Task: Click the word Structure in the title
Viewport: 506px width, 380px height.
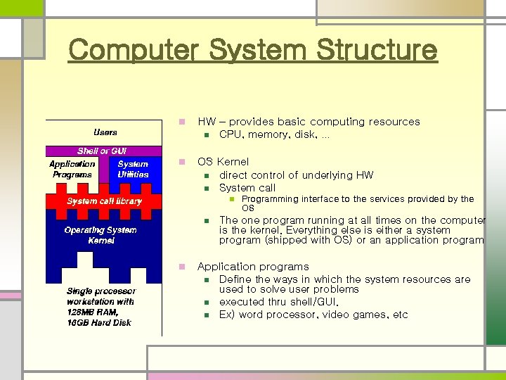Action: [377, 51]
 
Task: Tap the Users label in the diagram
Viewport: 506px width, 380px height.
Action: [105, 132]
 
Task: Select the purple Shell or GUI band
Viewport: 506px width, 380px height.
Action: [103, 151]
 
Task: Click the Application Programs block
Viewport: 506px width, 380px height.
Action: [72, 170]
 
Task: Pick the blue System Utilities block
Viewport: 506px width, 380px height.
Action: [133, 170]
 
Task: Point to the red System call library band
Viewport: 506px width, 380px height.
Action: [104, 201]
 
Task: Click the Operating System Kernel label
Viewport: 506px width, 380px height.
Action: [100, 235]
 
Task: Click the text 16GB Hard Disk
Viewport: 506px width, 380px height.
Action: [99, 322]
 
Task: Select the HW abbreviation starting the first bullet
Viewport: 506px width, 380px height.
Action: [206, 122]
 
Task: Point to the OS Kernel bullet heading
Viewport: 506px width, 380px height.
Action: [223, 162]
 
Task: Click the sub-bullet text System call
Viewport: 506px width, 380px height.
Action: [247, 188]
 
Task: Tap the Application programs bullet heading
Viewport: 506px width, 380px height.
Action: [253, 267]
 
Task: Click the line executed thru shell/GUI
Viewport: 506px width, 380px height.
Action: [279, 302]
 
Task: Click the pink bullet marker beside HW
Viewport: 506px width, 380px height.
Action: [182, 122]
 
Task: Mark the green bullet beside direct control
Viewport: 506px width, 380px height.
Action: [207, 175]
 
